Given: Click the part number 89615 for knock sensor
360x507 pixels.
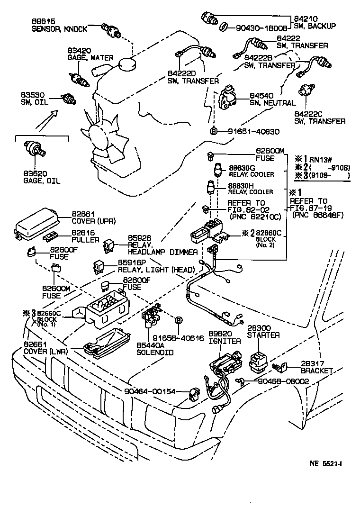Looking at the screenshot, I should [44, 21].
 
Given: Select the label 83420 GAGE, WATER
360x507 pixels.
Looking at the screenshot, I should [90, 54].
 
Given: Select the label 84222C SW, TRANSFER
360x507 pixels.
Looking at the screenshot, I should [320, 118].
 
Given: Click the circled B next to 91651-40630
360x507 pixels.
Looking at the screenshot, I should [214, 131].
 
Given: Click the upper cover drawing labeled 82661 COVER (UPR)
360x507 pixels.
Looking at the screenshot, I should [36, 225].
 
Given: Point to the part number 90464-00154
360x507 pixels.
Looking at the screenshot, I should [150, 391].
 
